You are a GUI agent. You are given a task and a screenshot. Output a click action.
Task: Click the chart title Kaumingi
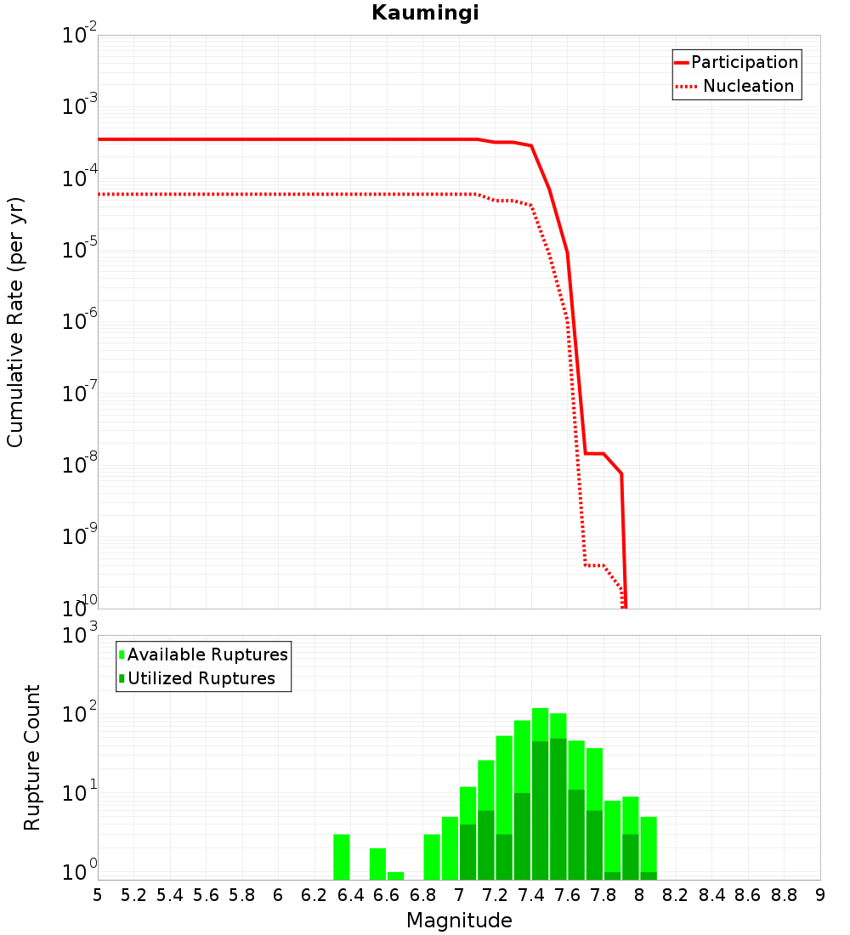point(425,14)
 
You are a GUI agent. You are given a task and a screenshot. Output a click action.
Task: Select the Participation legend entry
point(745,62)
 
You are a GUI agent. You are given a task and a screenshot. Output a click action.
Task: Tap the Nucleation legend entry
point(748,86)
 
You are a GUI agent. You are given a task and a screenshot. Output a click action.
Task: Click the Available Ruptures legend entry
point(207,654)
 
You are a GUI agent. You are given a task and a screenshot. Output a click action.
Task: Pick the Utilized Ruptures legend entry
point(201,678)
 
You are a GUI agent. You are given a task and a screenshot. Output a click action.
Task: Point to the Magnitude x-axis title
point(459,921)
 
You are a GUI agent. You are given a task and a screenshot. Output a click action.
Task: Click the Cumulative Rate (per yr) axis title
point(15,321)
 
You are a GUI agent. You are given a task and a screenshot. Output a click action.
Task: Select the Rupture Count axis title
point(32,756)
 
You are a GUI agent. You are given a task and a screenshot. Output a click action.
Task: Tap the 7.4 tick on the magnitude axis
point(531,894)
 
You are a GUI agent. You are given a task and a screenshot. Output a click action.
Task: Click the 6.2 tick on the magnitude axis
point(314,894)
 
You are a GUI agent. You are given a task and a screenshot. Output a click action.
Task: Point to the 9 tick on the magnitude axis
point(820,894)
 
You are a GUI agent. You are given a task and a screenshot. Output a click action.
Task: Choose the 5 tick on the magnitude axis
point(98,894)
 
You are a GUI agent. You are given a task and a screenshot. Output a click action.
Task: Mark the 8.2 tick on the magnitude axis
point(676,894)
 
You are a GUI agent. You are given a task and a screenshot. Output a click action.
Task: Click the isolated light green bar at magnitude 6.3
point(342,857)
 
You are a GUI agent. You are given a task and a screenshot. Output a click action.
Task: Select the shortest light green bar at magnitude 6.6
point(395,875)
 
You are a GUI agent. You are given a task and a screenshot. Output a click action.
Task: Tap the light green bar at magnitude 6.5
point(377,864)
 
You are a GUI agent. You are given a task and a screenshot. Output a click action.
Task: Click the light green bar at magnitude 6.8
point(432,857)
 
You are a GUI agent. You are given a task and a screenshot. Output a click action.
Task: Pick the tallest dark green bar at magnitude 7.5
point(558,807)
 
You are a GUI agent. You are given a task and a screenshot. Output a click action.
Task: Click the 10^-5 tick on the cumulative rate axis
point(78,251)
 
